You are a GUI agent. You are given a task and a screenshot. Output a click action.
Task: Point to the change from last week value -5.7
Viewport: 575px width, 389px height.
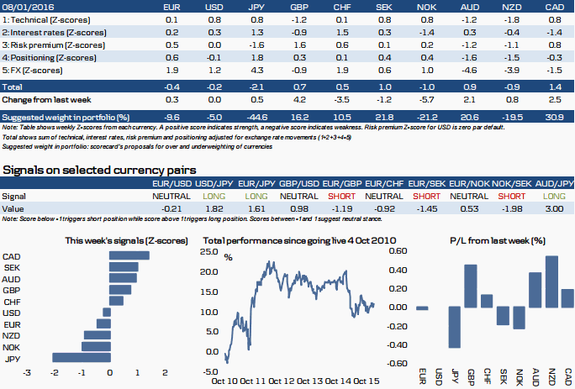pyautogui.click(x=427, y=99)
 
